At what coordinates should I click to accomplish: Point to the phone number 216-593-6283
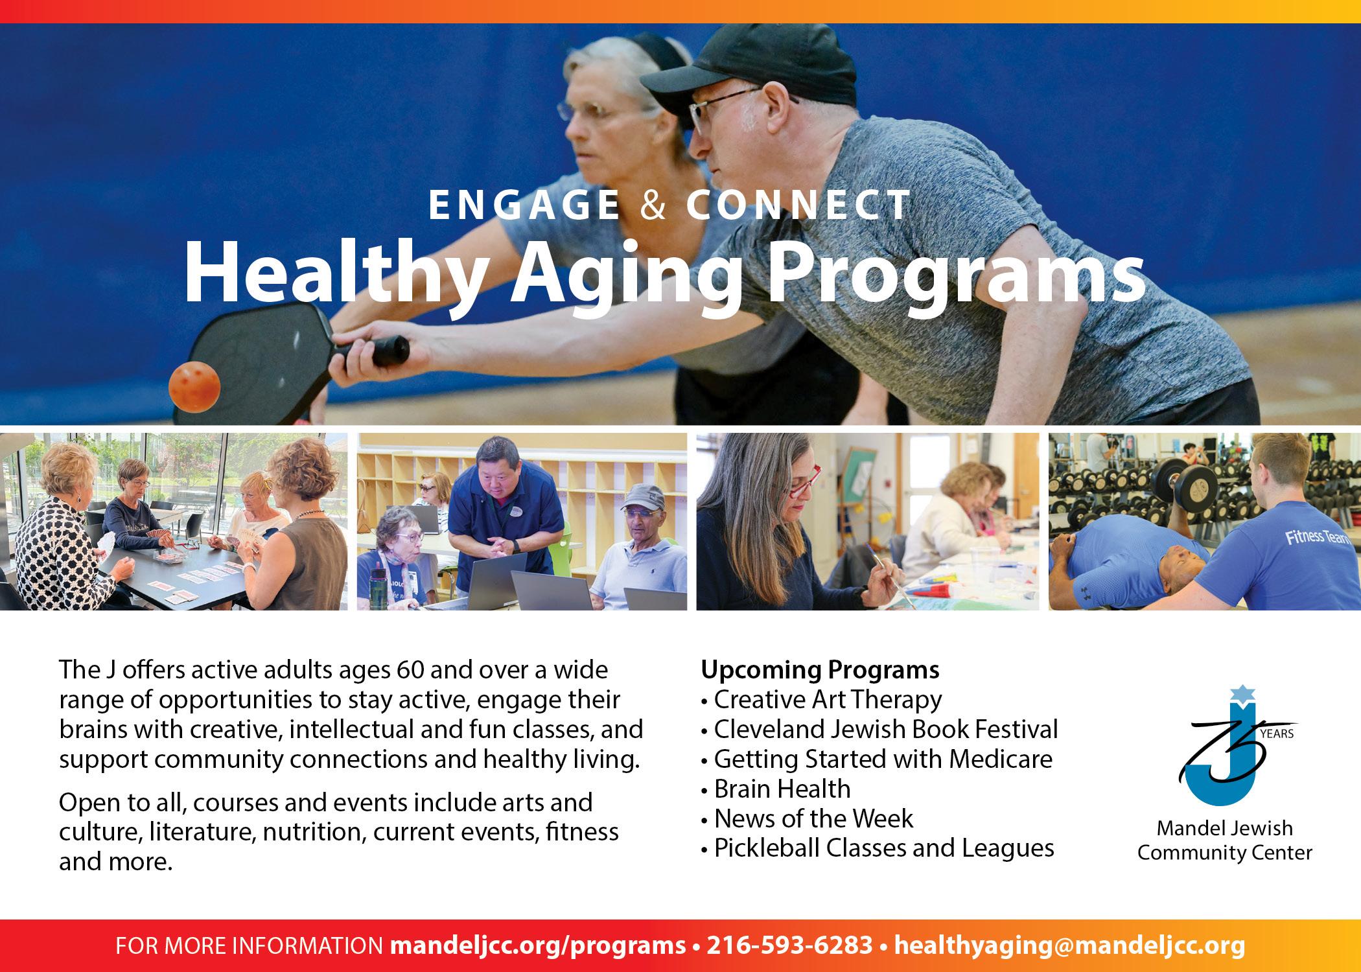789,945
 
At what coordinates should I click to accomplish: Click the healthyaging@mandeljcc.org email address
1069,946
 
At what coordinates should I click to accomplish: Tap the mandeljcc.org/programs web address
537,946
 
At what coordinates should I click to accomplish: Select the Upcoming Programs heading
820,670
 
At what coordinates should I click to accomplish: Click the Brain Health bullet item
776,789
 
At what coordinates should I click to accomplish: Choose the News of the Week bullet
807,819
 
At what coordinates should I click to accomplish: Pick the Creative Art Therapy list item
821,700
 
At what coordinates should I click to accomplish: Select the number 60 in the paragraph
408,669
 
